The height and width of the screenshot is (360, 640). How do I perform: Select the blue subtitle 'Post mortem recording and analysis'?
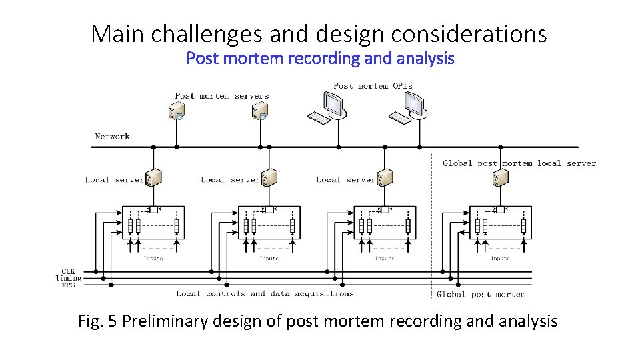(x=320, y=59)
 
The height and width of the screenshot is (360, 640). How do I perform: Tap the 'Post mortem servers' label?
(x=221, y=96)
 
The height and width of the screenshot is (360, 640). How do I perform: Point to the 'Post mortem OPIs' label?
(x=373, y=85)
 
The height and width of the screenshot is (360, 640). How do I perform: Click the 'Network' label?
(x=112, y=137)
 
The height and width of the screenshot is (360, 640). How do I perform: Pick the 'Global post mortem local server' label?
(x=519, y=163)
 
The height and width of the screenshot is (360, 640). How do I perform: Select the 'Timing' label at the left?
(x=69, y=278)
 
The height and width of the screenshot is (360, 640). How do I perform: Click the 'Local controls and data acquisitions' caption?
(x=265, y=293)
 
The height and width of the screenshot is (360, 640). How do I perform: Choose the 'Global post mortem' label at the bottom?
(x=481, y=294)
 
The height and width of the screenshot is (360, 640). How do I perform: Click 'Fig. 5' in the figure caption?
(x=98, y=321)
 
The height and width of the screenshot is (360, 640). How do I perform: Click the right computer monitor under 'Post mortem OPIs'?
(x=415, y=103)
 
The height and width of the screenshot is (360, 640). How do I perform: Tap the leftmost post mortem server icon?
(x=177, y=111)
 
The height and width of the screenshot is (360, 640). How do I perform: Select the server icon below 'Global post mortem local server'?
(x=500, y=178)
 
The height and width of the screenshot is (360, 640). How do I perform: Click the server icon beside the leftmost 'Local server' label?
(x=154, y=178)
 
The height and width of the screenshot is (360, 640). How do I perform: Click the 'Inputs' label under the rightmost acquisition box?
(x=500, y=258)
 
